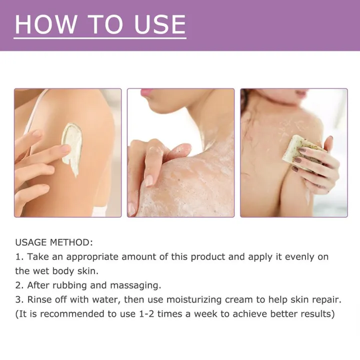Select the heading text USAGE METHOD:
click(x=54, y=242)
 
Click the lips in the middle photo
click(x=146, y=93)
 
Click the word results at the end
click(x=314, y=314)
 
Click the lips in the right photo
click(x=301, y=93)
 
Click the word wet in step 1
click(x=40, y=271)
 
